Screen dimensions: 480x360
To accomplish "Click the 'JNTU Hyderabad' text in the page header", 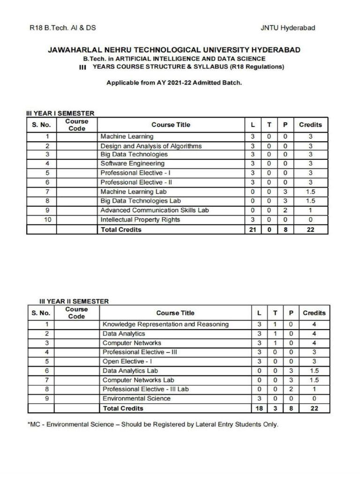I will (x=287, y=28).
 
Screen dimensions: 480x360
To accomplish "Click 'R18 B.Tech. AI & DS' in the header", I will (x=62, y=28).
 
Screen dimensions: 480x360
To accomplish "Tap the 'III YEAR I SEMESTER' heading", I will (x=60, y=113).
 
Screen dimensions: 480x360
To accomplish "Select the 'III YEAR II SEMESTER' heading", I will (x=74, y=301).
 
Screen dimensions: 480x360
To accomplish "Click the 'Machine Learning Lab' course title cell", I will (x=134, y=192).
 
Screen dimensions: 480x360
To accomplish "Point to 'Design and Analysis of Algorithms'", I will (x=151, y=146).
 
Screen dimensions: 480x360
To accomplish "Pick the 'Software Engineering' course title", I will (x=133, y=164).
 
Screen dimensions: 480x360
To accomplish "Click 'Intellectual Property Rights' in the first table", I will (x=140, y=219).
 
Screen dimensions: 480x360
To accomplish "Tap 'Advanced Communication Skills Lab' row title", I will (x=154, y=210).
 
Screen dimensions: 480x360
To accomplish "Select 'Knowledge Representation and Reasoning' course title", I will (x=165, y=324).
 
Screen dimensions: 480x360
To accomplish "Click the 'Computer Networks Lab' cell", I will (x=138, y=380).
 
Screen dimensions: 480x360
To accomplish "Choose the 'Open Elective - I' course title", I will (x=127, y=361).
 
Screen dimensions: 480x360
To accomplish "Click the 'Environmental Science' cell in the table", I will (x=136, y=398).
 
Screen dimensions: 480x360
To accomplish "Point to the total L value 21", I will (x=253, y=230).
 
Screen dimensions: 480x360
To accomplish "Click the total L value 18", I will (x=259, y=408).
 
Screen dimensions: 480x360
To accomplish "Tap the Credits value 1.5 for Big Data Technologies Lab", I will (x=310, y=201).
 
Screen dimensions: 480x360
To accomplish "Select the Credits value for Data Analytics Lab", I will (x=314, y=370).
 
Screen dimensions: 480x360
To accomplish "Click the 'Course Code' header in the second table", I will (x=77, y=313).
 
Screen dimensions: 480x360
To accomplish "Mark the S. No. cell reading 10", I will (x=41, y=219).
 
